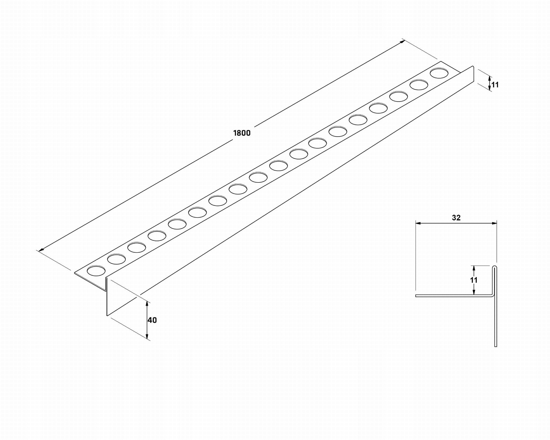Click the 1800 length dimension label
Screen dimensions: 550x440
[x=242, y=133]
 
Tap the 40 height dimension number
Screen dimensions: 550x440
[x=152, y=320]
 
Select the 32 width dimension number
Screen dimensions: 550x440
[x=456, y=218]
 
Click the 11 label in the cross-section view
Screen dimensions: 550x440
[x=474, y=280]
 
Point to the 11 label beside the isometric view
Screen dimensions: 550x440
[x=495, y=85]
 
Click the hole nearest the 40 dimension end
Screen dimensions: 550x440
[x=96, y=271]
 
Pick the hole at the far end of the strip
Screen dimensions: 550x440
[x=439, y=73]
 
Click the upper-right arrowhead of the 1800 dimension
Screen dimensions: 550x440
[x=403, y=41]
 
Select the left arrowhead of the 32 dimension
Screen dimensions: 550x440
[x=418, y=223]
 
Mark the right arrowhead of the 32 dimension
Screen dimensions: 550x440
[x=494, y=223]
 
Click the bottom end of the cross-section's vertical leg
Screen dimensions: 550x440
[x=496, y=346]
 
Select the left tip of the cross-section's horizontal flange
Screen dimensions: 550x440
[x=416, y=296]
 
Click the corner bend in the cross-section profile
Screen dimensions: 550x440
[x=494, y=295]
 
